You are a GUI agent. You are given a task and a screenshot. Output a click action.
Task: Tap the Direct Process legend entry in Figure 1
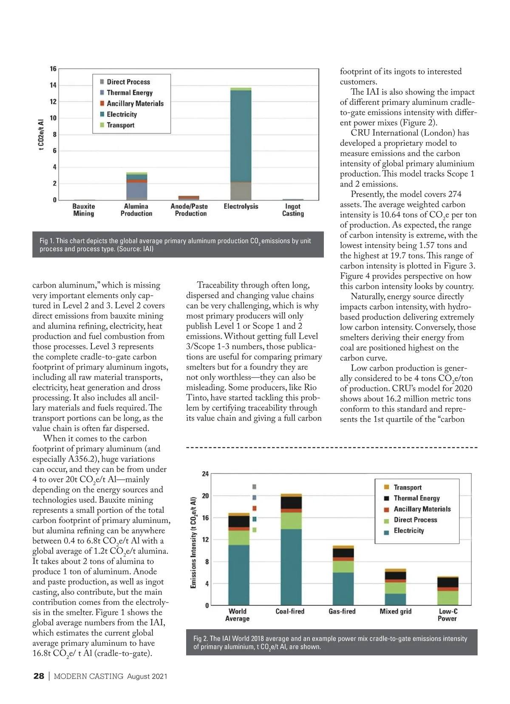click(x=128, y=82)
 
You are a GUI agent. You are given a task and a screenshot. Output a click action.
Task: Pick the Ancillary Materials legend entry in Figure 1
click(x=135, y=104)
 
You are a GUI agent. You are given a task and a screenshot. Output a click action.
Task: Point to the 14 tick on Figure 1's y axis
click(x=53, y=85)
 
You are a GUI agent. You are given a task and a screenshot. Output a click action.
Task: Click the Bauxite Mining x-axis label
click(x=84, y=210)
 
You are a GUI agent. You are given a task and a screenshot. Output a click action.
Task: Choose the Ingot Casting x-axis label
click(x=293, y=210)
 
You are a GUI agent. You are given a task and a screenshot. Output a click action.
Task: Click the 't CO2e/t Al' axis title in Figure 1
click(x=41, y=135)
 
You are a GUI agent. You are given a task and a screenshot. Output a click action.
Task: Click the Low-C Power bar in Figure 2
click(x=448, y=591)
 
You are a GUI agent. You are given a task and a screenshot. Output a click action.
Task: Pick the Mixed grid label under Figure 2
click(x=395, y=611)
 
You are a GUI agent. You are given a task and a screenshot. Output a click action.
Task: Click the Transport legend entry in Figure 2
click(x=407, y=487)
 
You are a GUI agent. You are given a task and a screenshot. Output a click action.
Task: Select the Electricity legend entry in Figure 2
click(x=408, y=531)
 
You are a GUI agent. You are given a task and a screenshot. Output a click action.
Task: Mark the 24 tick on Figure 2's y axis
click(x=205, y=474)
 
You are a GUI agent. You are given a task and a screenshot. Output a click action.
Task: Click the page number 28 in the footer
click(x=39, y=676)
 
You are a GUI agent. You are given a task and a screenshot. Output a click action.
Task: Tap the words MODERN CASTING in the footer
click(x=88, y=676)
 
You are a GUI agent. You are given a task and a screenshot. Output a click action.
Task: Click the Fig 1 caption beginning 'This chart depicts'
click(x=175, y=245)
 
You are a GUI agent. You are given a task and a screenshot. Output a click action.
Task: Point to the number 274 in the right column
click(x=454, y=194)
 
